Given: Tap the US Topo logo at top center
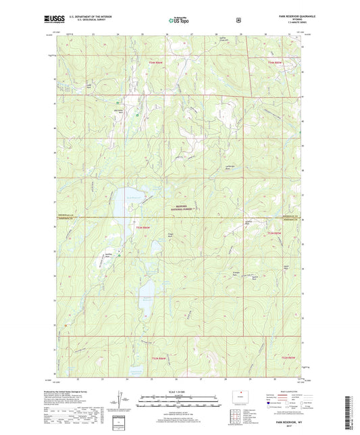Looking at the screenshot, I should pos(179,22).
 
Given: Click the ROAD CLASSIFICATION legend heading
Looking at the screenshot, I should pos(291,391).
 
